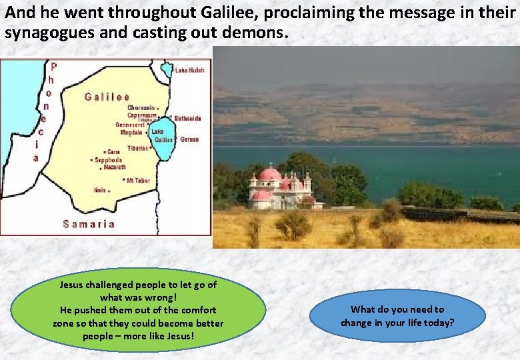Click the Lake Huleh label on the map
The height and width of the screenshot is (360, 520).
190,70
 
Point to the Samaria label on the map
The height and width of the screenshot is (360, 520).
89,224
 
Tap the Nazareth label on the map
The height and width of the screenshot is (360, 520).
114,167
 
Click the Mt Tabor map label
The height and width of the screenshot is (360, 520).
138,180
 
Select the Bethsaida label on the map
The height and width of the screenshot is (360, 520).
187,118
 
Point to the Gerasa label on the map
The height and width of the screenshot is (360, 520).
189,139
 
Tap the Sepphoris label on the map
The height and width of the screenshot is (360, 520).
109,160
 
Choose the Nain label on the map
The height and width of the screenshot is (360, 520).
100,190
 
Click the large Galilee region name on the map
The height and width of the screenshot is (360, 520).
107,97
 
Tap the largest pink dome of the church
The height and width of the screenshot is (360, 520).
269,175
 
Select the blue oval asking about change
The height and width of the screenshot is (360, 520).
397,316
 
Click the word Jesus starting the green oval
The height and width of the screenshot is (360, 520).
72,285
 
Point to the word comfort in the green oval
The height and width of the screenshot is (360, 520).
198,310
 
